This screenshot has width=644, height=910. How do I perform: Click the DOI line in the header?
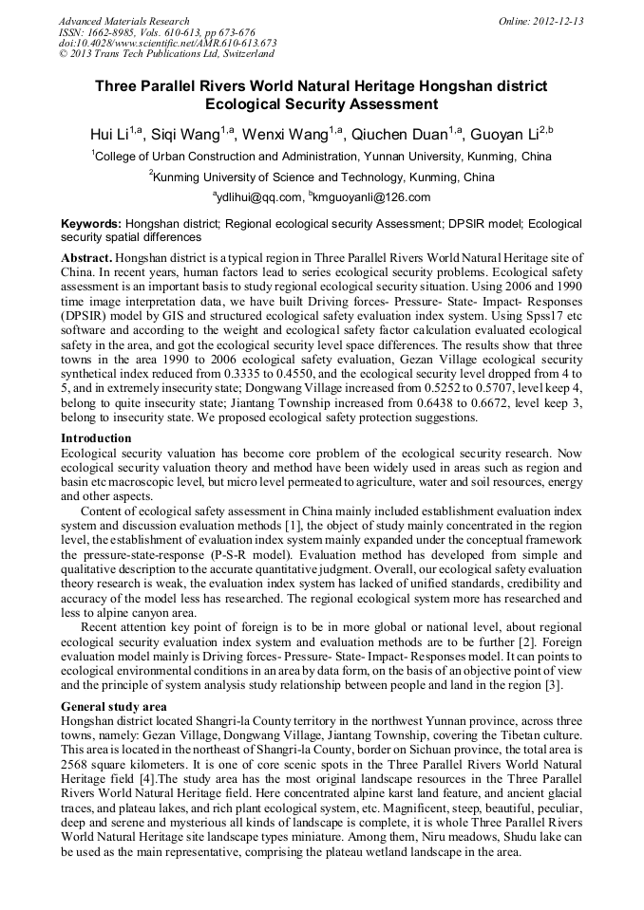pyautogui.click(x=167, y=43)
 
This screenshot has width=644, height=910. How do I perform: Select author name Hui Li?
pyautogui.click(x=110, y=134)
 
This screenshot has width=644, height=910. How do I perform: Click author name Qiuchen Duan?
pyautogui.click(x=394, y=134)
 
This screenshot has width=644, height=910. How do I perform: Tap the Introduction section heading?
pyautogui.click(x=97, y=437)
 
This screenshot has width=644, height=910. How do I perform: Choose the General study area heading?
pyautogui.click(x=114, y=706)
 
